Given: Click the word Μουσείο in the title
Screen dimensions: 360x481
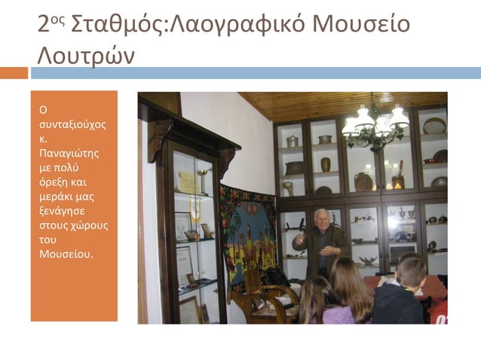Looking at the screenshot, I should click(x=361, y=24).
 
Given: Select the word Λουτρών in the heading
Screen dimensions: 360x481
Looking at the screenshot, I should click(x=87, y=55).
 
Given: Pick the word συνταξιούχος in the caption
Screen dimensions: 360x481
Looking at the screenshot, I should click(x=72, y=124).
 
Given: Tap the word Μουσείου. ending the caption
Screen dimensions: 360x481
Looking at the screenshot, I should click(x=66, y=254).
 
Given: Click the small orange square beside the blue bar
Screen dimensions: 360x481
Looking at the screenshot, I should click(x=14, y=73).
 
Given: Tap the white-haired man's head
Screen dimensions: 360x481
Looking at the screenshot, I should click(x=322, y=218).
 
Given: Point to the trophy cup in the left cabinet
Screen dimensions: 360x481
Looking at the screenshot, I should click(x=201, y=178).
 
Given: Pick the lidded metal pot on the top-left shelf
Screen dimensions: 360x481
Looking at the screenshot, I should click(x=293, y=141).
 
